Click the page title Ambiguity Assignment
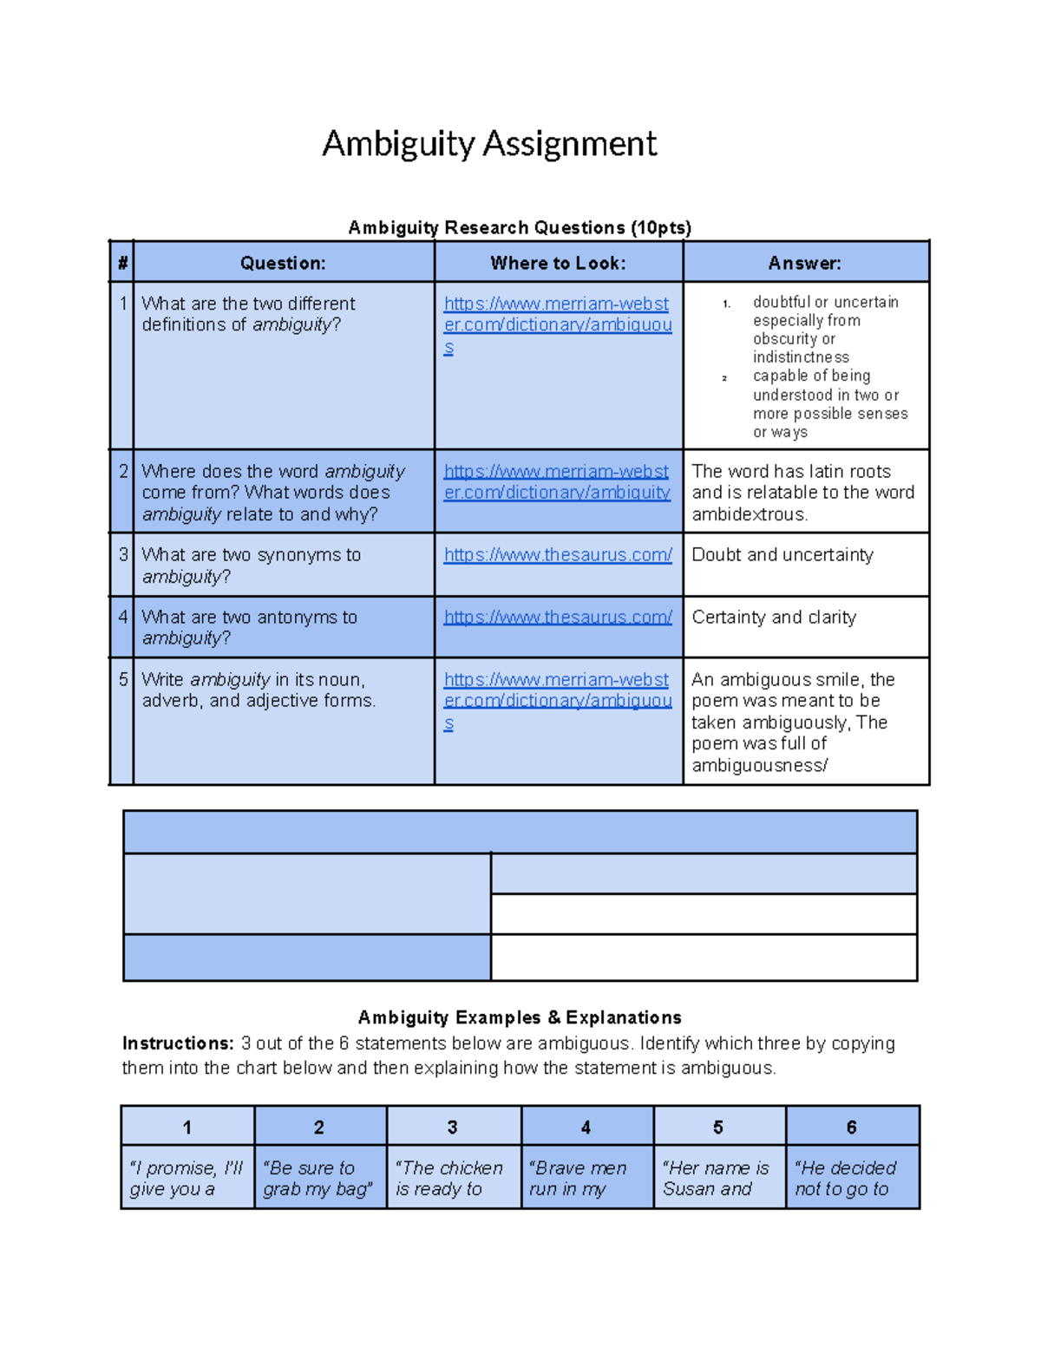point(489,144)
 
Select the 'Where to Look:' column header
point(558,264)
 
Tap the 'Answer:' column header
point(804,264)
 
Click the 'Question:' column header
point(283,264)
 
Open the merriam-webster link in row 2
point(557,482)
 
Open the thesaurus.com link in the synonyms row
point(558,555)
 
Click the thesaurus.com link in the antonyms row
point(558,618)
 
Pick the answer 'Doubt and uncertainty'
point(782,555)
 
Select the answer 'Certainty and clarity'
point(773,618)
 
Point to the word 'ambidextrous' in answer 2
point(749,514)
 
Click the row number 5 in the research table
point(123,680)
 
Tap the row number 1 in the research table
point(123,304)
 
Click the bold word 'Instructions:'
point(178,1043)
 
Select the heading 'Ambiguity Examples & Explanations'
point(520,1017)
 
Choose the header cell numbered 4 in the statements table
point(586,1128)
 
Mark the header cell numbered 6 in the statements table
point(851,1128)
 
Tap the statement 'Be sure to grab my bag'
point(318,1179)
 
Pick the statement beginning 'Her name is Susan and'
point(716,1179)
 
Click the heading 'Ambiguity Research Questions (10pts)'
point(520,228)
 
